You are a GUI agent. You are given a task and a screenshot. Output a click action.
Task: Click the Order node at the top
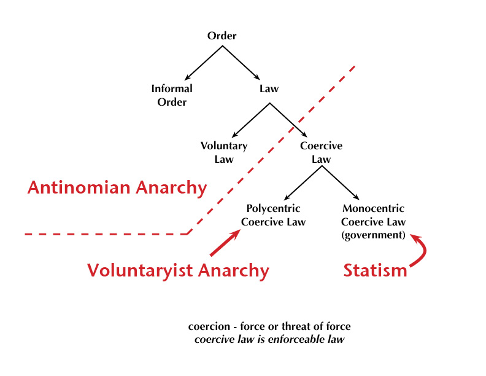(222, 36)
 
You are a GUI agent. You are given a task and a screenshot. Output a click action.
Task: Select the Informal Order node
(172, 95)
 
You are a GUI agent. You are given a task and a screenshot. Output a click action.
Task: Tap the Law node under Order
(269, 88)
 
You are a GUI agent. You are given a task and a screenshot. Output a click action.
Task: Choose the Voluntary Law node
(224, 152)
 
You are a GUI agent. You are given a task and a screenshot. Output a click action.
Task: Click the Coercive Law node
(321, 152)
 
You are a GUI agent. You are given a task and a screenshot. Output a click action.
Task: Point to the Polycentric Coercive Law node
(273, 215)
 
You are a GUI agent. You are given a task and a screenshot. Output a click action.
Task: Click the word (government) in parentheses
(374, 235)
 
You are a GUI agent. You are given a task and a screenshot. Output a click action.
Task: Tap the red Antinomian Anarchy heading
(117, 188)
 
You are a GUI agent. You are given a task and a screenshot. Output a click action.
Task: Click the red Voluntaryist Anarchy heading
(178, 270)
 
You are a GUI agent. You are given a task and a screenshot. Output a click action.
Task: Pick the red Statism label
(375, 270)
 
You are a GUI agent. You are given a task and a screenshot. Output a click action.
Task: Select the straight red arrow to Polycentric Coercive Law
(225, 243)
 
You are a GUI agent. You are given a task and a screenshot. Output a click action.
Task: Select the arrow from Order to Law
(244, 63)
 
